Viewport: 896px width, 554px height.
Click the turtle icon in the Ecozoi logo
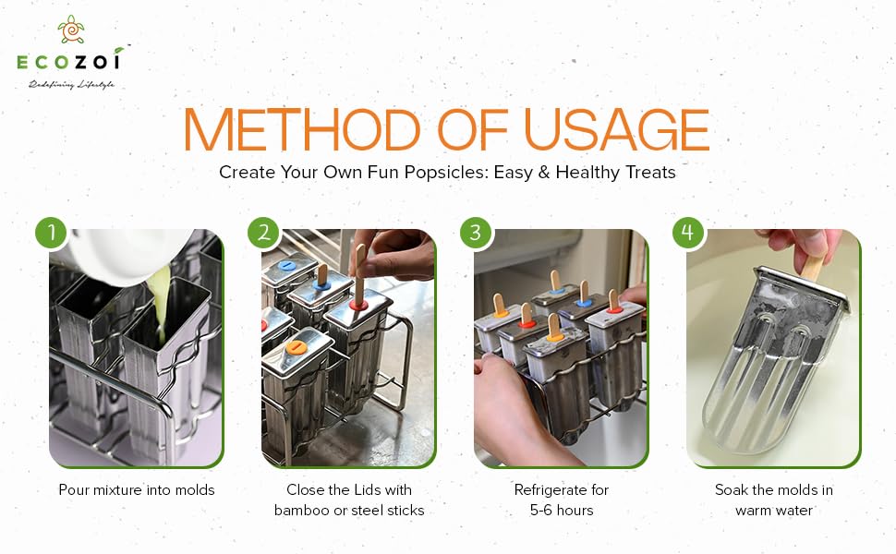click(x=69, y=30)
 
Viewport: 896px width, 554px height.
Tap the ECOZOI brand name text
click(x=69, y=62)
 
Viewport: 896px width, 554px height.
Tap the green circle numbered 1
click(x=53, y=232)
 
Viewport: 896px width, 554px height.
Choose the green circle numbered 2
click(x=264, y=232)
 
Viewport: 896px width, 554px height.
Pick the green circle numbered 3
click(x=477, y=232)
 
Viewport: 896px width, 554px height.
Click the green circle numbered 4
click(x=688, y=232)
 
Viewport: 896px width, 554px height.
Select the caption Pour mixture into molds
click(x=137, y=489)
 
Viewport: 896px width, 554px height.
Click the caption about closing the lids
click(x=348, y=500)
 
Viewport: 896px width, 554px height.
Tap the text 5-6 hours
click(x=561, y=510)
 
